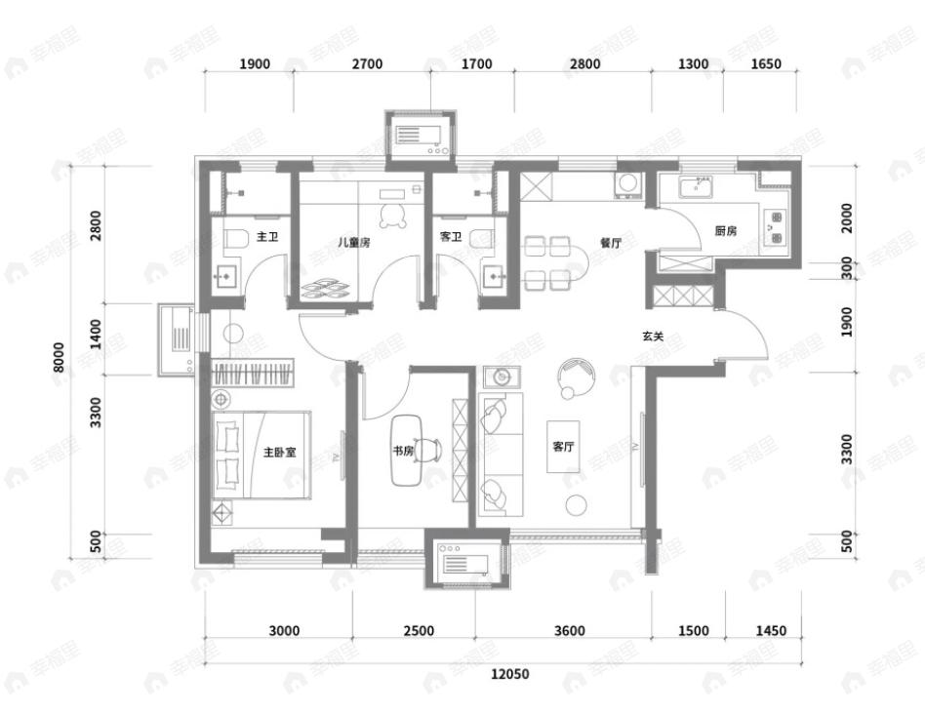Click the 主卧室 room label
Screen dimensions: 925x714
(280, 453)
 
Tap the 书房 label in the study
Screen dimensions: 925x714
(403, 451)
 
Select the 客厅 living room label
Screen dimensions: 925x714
(563, 447)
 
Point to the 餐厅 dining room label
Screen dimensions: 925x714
(611, 242)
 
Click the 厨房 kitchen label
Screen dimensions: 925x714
(726, 230)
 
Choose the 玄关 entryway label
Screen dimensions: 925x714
(653, 337)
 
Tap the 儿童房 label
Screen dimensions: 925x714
(354, 242)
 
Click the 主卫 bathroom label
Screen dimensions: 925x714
(267, 237)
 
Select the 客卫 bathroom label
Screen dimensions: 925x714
(451, 237)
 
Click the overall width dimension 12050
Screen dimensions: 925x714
(510, 673)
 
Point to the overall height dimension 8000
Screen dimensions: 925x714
(59, 357)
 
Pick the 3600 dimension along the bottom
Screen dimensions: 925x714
(570, 631)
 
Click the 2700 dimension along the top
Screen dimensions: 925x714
(368, 63)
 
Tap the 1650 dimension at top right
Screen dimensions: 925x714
(766, 63)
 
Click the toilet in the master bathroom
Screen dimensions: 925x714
(235, 240)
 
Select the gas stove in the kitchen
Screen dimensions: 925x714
(774, 227)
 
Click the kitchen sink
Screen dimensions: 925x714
(697, 187)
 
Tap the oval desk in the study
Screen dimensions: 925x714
(407, 451)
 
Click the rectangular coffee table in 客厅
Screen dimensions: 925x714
(563, 447)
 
